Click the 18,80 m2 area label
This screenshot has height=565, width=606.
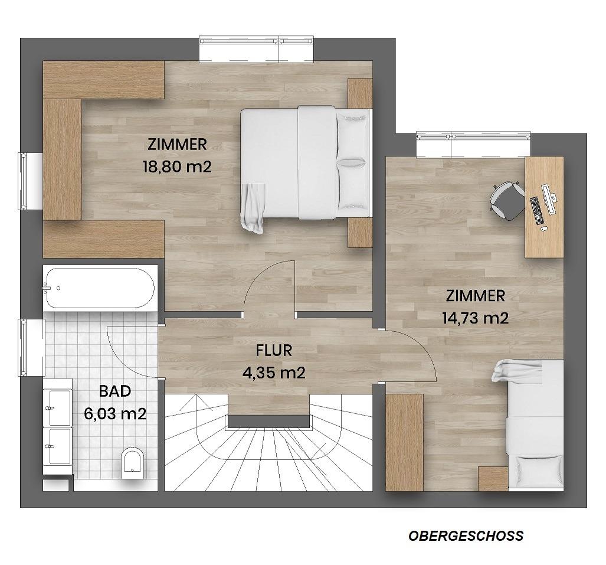click(x=178, y=167)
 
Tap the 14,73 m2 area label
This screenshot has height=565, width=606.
click(x=475, y=318)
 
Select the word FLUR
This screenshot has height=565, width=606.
click(x=274, y=350)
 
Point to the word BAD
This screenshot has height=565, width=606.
click(x=115, y=391)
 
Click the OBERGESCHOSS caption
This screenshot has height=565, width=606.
click(x=466, y=536)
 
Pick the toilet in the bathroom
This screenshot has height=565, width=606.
click(x=132, y=463)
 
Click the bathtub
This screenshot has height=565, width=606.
click(x=100, y=288)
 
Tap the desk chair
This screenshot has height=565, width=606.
click(x=506, y=201)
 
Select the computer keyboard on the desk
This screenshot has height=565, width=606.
click(x=537, y=211)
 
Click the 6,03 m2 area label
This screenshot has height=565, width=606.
click(x=115, y=414)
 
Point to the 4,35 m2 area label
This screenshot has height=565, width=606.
click(x=274, y=373)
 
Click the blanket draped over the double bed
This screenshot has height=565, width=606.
click(x=253, y=208)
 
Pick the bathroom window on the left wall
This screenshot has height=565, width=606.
click(x=23, y=348)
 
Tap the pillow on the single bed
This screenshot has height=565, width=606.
click(x=537, y=469)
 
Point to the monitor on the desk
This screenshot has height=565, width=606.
click(x=549, y=199)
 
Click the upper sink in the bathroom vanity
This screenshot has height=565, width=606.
click(x=58, y=402)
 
